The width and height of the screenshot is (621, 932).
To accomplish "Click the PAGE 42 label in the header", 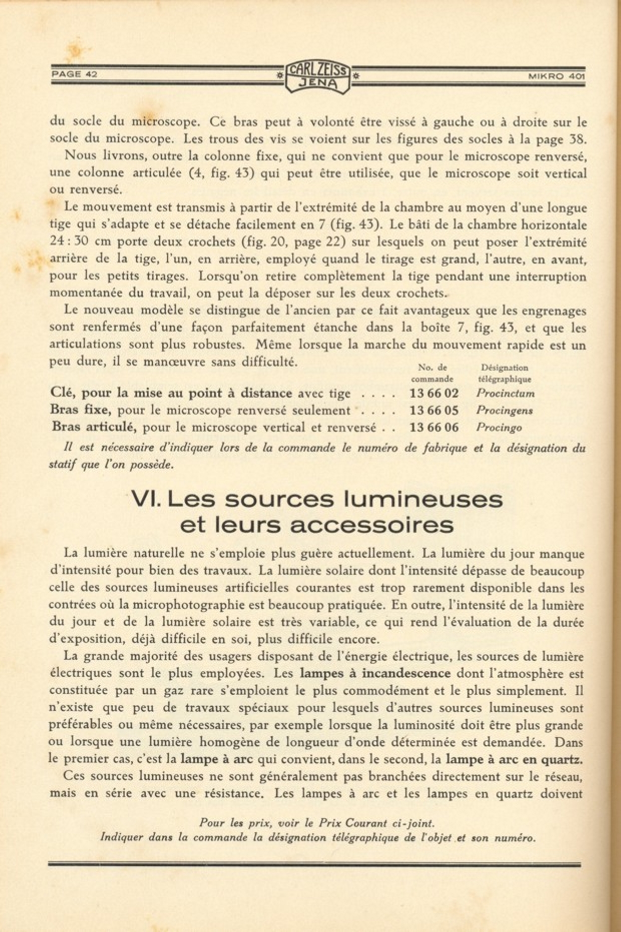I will click(74, 75).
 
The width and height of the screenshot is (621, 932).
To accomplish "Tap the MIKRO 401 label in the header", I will click(556, 77).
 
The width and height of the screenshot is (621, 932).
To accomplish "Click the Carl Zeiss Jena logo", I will click(318, 76).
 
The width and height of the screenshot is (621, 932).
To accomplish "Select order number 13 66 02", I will click(434, 393).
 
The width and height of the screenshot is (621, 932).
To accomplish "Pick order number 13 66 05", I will click(434, 410).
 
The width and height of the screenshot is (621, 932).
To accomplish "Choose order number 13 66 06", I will click(434, 427).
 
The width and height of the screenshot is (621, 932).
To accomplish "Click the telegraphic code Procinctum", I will click(505, 393).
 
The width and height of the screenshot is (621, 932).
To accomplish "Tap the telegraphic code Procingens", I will click(504, 410).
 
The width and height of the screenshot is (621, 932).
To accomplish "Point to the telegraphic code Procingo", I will click(499, 427).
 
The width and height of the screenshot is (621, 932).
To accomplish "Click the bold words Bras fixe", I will click(79, 410).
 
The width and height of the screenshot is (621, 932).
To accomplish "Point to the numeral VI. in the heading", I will click(146, 499).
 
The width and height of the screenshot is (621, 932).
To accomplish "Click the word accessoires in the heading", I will click(371, 525).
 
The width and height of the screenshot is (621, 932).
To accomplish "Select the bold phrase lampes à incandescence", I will click(375, 673).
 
